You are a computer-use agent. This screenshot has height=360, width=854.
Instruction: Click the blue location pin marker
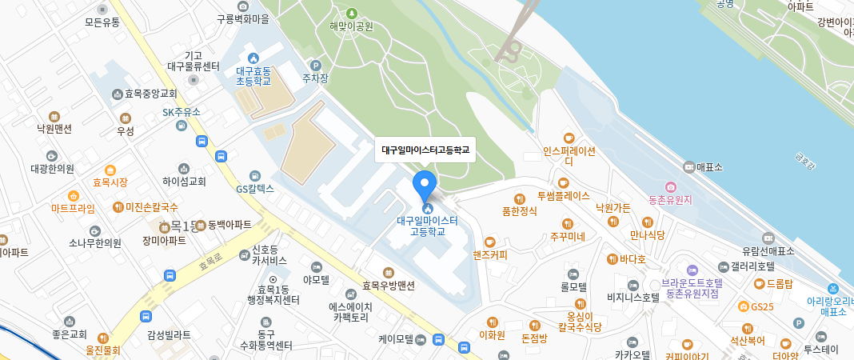[x=425, y=185]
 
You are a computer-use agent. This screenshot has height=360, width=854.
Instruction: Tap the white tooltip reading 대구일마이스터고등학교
[x=425, y=150]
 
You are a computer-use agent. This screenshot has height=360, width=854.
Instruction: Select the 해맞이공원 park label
[x=352, y=26]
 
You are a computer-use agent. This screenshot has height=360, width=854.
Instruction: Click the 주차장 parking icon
[x=315, y=66]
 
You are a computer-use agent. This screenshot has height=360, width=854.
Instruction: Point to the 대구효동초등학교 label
[x=253, y=75]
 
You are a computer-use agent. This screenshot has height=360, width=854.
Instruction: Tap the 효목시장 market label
[x=110, y=182]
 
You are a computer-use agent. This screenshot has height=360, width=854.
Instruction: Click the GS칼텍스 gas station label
[x=255, y=189]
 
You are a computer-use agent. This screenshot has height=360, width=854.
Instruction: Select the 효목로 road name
[x=210, y=262]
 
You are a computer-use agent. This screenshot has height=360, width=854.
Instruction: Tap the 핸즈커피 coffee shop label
[x=490, y=254]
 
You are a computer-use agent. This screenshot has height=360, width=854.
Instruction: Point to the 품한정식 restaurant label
[x=519, y=211]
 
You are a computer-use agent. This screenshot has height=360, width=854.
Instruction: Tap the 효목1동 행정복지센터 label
[x=273, y=294]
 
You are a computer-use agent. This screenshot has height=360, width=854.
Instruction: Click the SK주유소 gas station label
[x=182, y=112]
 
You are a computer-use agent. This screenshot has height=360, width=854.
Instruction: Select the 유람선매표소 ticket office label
[x=768, y=250]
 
